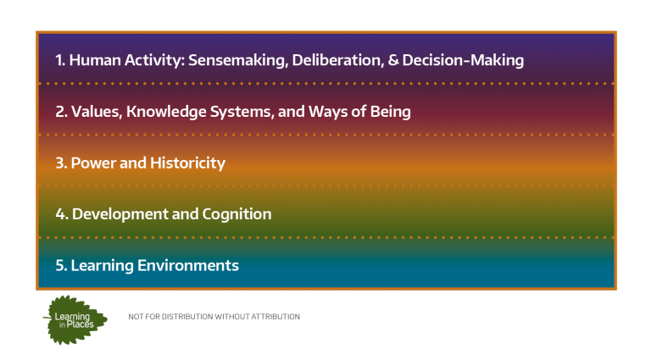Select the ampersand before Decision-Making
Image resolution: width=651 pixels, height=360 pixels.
click(x=392, y=60)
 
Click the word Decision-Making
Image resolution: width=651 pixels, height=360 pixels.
click(x=463, y=60)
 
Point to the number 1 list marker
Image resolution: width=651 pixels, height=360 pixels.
click(x=60, y=60)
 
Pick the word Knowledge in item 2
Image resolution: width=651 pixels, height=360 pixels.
click(x=166, y=112)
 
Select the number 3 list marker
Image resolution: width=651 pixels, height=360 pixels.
click(x=61, y=163)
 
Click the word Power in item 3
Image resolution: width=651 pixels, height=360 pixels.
click(x=93, y=163)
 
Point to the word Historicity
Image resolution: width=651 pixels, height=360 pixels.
click(x=187, y=163)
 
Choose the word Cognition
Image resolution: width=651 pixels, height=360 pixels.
click(x=236, y=215)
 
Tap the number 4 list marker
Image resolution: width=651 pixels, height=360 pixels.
click(x=62, y=214)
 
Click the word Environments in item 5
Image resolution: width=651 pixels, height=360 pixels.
click(x=188, y=265)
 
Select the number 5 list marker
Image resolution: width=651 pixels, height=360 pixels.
click(x=61, y=265)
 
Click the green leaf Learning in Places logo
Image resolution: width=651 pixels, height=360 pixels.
click(x=75, y=320)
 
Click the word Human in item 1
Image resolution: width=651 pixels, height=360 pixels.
click(x=95, y=60)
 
